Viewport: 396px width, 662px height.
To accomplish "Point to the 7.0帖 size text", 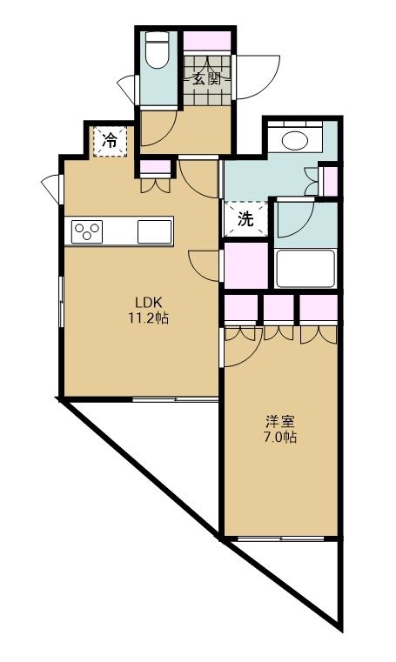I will click(x=280, y=438).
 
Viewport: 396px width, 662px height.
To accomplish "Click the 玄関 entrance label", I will click(x=207, y=78).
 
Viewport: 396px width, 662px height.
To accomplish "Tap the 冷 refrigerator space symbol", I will click(x=110, y=140).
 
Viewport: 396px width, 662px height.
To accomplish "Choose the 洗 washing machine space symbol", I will click(x=246, y=218).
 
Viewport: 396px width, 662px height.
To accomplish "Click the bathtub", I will click(x=305, y=269).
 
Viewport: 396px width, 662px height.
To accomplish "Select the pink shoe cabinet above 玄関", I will click(x=207, y=40).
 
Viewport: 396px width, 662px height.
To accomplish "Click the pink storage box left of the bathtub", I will click(x=246, y=266).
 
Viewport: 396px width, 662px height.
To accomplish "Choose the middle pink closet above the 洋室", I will click(x=279, y=308).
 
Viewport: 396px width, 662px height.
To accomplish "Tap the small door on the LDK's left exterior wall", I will click(x=51, y=184).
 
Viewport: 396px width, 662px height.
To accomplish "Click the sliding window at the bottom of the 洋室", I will click(x=280, y=538).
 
